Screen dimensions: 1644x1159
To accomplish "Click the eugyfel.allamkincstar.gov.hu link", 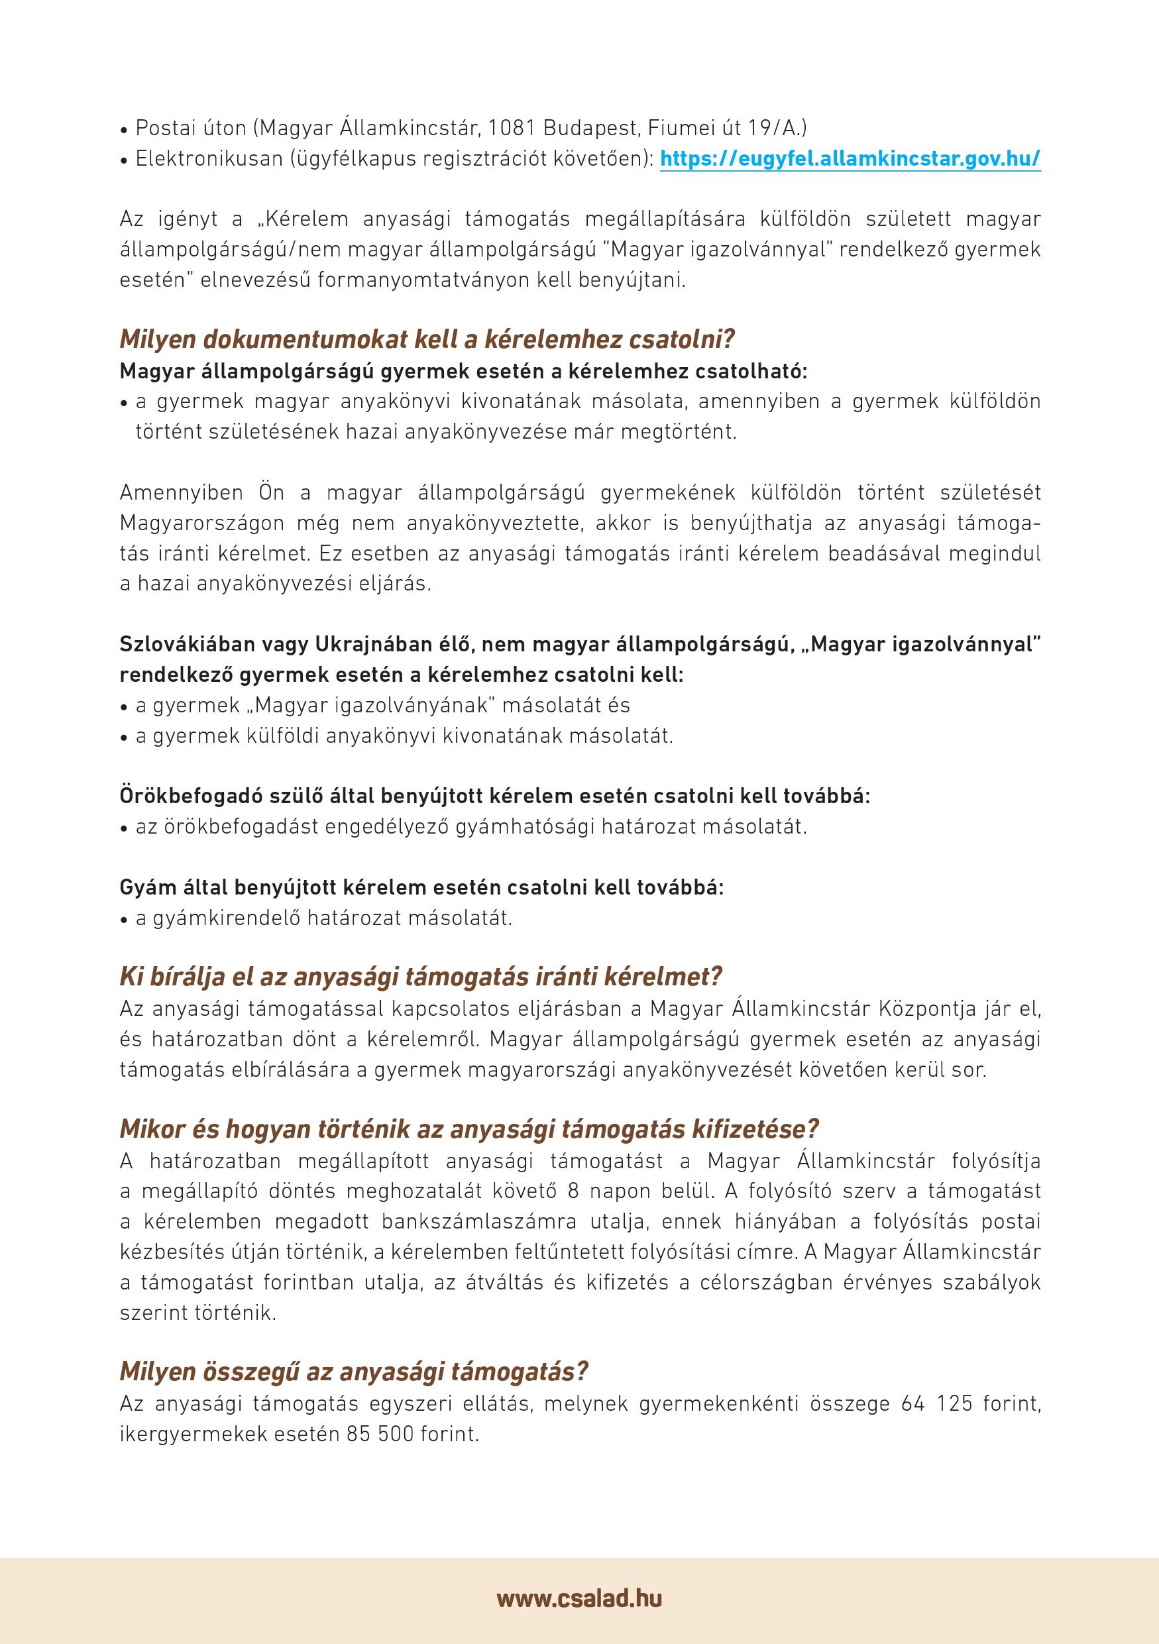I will coord(850,158).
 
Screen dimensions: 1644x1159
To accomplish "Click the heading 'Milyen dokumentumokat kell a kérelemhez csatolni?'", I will coord(427,339).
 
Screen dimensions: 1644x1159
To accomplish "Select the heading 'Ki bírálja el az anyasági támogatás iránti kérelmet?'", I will coord(421,977).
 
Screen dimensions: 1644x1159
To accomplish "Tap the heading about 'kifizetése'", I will coord(469,1129).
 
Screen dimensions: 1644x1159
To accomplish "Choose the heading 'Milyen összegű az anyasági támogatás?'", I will coord(354,1372).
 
